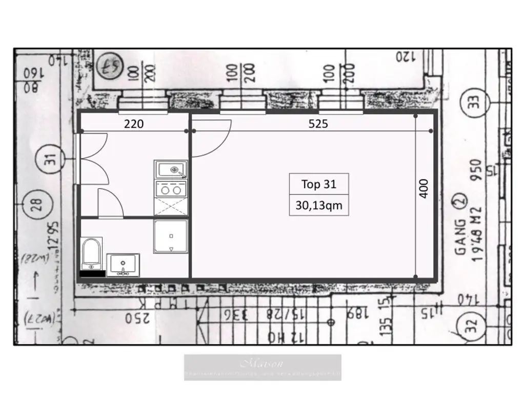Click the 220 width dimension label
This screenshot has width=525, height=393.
pos(134,124)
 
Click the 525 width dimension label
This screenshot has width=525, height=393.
pos(318,124)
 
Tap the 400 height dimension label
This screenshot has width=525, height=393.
pos(424,189)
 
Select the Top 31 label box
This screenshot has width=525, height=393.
pos(318,184)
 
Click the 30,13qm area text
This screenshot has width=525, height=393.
pos(318,206)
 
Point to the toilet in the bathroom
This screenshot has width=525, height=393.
pos(92,253)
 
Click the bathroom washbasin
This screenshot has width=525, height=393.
pos(123,265)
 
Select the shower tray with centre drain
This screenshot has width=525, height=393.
pos(171,236)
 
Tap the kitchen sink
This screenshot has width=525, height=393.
pos(171,169)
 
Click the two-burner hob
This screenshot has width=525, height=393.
pos(171,189)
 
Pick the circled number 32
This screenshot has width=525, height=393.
pos(471,324)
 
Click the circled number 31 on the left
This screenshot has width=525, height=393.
pos(50,160)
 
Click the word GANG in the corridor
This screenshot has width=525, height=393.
pos(460,236)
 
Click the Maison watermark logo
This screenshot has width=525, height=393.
pos(262,367)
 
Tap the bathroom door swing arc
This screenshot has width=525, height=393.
pos(112,203)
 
